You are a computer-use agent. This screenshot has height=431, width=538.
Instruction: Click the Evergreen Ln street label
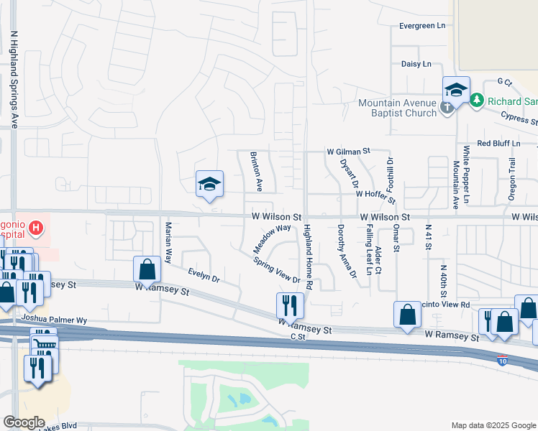[422, 26]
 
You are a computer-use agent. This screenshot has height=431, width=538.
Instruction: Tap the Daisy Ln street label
[416, 64]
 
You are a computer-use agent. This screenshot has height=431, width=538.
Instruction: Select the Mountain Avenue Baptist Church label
[398, 108]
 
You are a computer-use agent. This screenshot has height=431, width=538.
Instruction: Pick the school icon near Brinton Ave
[210, 185]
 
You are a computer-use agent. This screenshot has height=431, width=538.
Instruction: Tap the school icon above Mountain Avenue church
[456, 90]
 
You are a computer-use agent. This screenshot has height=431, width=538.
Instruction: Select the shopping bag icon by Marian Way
[147, 269]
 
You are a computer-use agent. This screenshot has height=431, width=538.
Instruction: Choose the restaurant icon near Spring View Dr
[291, 305]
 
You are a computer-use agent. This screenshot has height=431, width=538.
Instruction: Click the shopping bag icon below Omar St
[407, 314]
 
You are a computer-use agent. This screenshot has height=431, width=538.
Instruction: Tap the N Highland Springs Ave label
[14, 79]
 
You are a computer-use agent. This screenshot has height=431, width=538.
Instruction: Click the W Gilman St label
[347, 152]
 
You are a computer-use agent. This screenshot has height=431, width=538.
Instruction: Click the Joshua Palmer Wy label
[54, 319]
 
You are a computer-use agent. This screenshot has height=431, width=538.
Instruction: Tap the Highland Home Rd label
[308, 256]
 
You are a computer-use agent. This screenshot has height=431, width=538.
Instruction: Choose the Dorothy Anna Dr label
[347, 251]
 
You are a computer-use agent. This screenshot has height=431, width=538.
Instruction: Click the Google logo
[24, 422]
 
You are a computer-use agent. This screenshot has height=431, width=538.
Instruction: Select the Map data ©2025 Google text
[493, 425]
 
